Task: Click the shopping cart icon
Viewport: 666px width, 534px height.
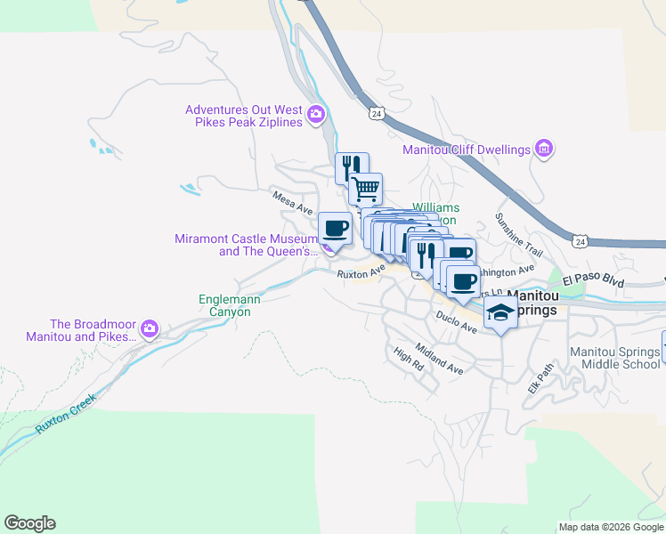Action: tap(365, 189)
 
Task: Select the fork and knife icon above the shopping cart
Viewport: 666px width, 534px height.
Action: tap(351, 166)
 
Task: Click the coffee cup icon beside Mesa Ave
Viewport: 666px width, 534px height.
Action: tap(335, 229)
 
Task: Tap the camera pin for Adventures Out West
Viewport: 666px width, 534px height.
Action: tap(315, 115)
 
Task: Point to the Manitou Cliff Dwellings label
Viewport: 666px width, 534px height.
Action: tap(466, 150)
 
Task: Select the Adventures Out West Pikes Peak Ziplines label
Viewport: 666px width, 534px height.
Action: tap(244, 116)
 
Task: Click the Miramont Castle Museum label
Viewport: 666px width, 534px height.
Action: tap(244, 245)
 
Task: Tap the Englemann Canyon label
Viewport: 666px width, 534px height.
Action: tap(230, 306)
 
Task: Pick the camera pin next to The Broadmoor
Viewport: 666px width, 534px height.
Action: tap(149, 330)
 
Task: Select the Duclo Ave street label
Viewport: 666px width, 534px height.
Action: tap(457, 321)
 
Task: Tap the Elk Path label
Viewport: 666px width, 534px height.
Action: tap(540, 378)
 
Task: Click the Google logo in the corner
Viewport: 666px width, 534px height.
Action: tap(29, 523)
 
